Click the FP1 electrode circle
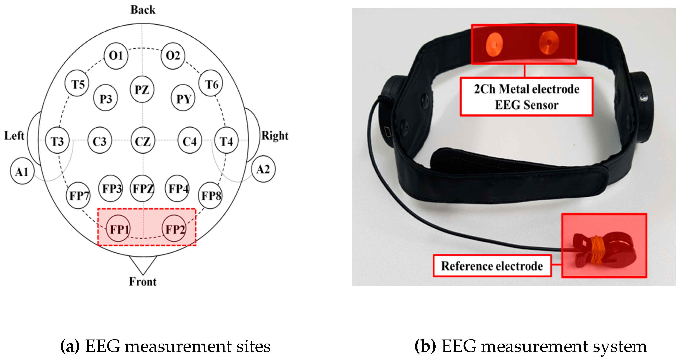tap(118, 229)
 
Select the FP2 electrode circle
tap(174, 229)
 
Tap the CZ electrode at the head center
tap(143, 141)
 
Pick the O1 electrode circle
tap(116, 56)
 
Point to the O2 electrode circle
tap(173, 56)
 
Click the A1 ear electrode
tap(22, 172)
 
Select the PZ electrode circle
tap(142, 89)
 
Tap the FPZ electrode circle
tap(143, 188)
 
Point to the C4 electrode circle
tap(190, 141)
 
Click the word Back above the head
tap(143, 10)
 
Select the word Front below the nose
tap(143, 281)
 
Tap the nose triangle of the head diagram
tap(143, 264)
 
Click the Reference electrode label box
tap(492, 266)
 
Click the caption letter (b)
tap(425, 346)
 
